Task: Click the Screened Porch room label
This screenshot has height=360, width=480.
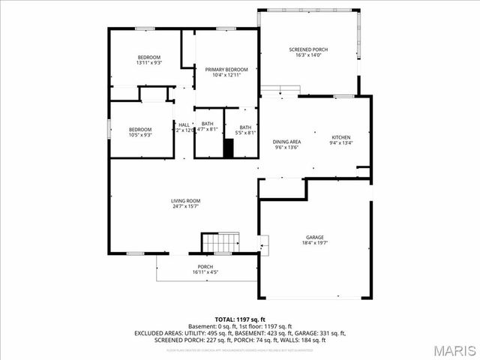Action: [x=308, y=49]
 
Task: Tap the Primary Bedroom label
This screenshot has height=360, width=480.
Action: [x=226, y=69]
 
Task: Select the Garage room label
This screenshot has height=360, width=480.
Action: [x=314, y=237]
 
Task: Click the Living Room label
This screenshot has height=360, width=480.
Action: [x=185, y=200]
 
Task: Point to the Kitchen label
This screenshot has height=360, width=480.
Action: [x=341, y=137]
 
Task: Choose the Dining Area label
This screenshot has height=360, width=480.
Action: [x=286, y=142]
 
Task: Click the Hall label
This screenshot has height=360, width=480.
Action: [x=184, y=124]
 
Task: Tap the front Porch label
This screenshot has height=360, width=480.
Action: [x=205, y=267]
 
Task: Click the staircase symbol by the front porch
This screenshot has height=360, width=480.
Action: [x=220, y=243]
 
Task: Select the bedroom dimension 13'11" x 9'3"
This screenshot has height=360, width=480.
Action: [x=149, y=63]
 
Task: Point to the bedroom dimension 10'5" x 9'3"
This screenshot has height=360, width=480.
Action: [x=139, y=135]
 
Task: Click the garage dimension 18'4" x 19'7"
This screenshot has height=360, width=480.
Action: [x=314, y=243]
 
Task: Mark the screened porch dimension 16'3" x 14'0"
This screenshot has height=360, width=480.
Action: [x=308, y=55]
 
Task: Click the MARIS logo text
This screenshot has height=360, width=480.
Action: [x=453, y=350]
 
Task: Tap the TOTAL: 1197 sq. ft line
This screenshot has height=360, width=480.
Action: [x=240, y=319]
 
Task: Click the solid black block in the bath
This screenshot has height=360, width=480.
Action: [x=229, y=148]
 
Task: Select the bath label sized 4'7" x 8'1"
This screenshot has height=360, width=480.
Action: [x=207, y=130]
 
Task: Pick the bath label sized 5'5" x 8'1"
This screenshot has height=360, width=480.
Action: [x=245, y=133]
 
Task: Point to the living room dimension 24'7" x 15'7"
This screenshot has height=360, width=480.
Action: [x=185, y=206]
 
